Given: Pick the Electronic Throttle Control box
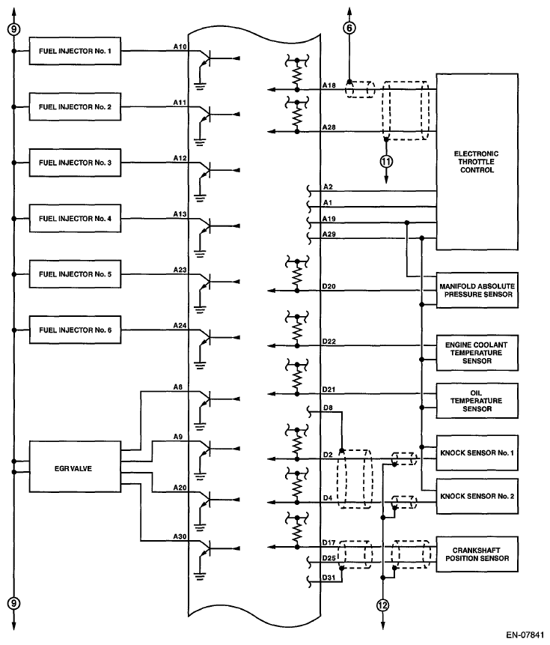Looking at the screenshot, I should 477,162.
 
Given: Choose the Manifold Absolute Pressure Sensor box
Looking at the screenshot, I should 477,291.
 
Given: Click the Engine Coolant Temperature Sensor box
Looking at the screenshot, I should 477,352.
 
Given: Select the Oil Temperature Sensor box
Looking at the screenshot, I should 477,400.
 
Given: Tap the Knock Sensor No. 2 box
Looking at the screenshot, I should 477,495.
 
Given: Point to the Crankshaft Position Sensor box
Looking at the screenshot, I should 477,554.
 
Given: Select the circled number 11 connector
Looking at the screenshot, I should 386,160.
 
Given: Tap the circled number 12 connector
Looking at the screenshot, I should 382,605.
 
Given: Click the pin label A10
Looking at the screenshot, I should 180,46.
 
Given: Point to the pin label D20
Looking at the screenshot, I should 329,286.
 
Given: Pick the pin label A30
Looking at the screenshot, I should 180,536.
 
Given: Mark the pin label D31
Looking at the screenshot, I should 329,577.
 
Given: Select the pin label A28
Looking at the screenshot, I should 329,128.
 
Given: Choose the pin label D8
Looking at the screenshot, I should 329,408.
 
